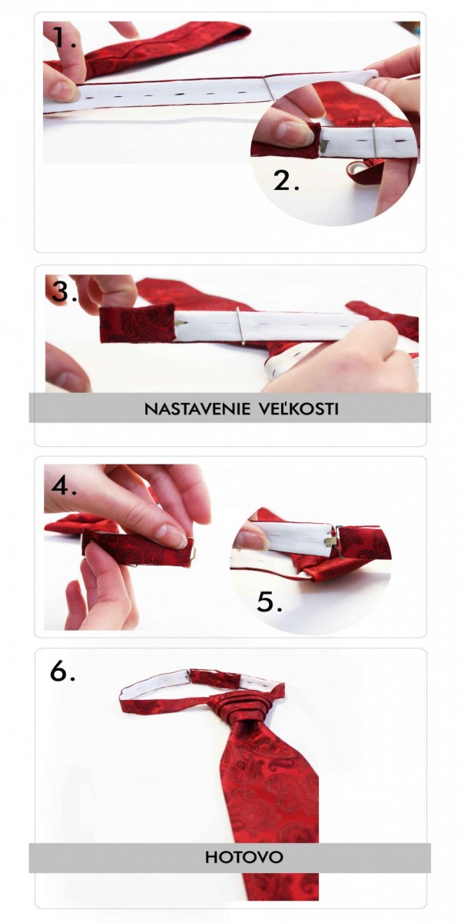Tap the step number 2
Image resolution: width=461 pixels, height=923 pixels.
[286, 181]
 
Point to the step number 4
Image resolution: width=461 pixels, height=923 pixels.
[65, 485]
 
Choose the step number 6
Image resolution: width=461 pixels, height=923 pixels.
[62, 671]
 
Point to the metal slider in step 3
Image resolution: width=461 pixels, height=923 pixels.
[242, 325]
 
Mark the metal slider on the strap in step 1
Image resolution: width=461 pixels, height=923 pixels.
[269, 88]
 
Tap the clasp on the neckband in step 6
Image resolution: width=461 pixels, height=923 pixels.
[191, 676]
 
